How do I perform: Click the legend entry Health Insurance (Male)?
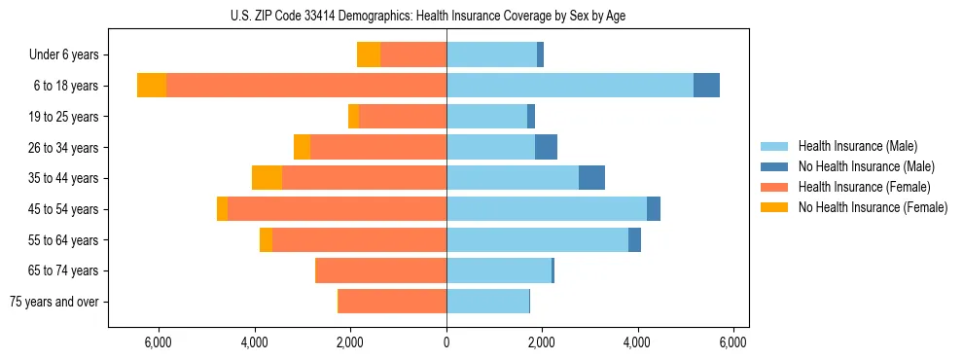click(857, 146)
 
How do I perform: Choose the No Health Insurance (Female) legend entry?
click(873, 207)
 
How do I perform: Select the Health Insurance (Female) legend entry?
click(864, 187)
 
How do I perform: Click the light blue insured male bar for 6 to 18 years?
click(569, 86)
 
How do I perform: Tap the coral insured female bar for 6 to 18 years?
click(306, 86)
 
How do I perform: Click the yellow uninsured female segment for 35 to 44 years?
click(267, 178)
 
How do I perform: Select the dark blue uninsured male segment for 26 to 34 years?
click(546, 147)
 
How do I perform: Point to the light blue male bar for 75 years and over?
click(487, 302)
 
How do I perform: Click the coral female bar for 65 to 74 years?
click(381, 270)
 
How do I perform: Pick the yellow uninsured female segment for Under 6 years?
click(369, 54)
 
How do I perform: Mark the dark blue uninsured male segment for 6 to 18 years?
click(706, 86)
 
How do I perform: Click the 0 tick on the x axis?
click(446, 342)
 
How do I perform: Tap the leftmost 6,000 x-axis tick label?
click(159, 342)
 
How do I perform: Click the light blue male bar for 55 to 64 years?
click(537, 239)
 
